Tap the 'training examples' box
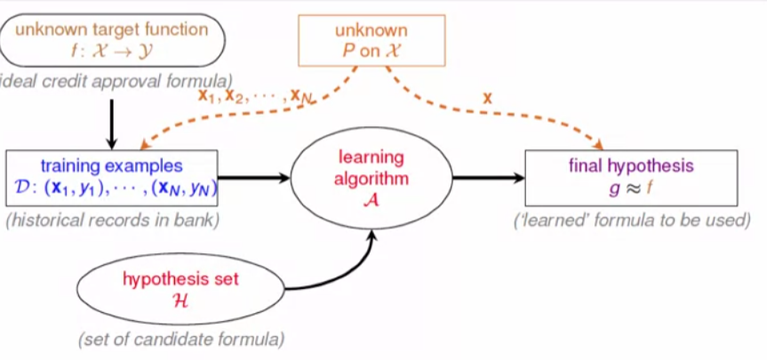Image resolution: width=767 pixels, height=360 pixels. click(112, 178)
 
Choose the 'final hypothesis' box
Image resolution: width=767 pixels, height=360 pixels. click(630, 177)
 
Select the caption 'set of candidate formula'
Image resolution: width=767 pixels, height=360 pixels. click(180, 339)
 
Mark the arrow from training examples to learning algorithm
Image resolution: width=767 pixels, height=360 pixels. click(255, 178)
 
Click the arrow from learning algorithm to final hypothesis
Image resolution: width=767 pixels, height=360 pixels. click(487, 178)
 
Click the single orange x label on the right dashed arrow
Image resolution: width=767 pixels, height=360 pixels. click(487, 97)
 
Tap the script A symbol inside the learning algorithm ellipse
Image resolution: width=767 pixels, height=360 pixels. click(371, 200)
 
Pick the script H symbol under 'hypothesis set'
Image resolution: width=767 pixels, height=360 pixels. click(180, 301)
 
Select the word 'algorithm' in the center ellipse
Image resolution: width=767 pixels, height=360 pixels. click(371, 179)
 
